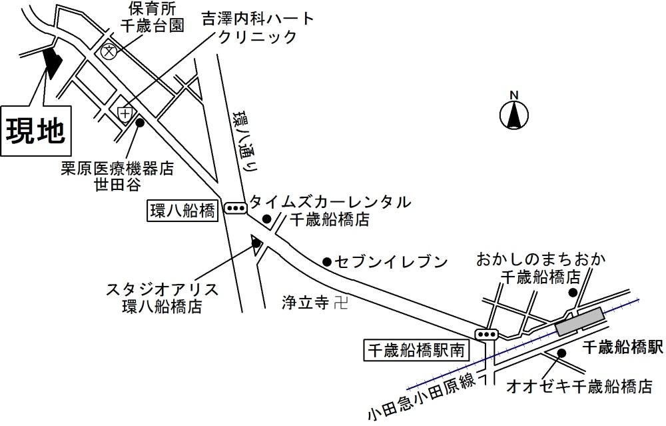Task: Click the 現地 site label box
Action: click(x=36, y=131)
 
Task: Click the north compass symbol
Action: click(x=513, y=115)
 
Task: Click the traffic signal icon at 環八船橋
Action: click(x=235, y=209)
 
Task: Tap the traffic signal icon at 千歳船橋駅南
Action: click(x=487, y=334)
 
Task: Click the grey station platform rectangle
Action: click(x=579, y=321)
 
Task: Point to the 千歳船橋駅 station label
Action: click(x=622, y=347)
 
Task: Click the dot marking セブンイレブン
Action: click(x=327, y=262)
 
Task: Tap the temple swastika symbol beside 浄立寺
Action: click(x=341, y=303)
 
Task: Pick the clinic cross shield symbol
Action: click(x=125, y=114)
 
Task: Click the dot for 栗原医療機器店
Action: click(x=140, y=123)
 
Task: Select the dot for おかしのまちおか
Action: click(x=573, y=292)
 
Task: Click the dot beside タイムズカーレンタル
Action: click(x=267, y=219)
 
